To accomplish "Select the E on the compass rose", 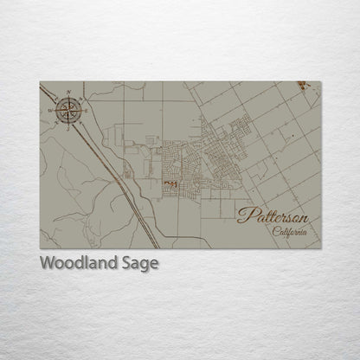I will pyautogui.click(x=87, y=108).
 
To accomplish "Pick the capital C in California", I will pyautogui.click(x=274, y=232).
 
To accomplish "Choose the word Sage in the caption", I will pyautogui.click(x=142, y=264).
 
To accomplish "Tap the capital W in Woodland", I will pyautogui.click(x=48, y=263).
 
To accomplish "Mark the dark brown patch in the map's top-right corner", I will pyautogui.click(x=300, y=85).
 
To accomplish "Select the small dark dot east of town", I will pyautogui.click(x=292, y=137).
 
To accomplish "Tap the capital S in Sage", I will pyautogui.click(x=130, y=263).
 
